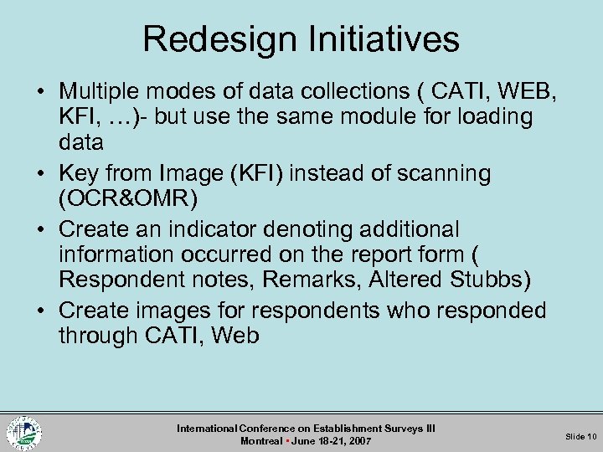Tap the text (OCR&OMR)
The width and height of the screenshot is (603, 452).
click(127, 199)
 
